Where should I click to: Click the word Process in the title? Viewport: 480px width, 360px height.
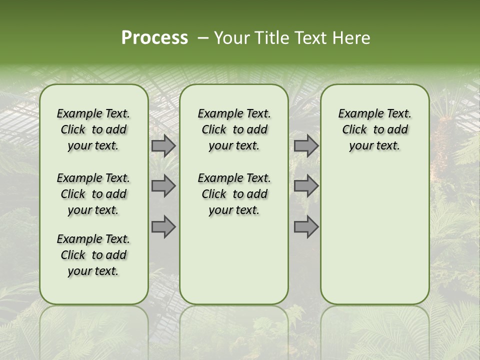[154, 37]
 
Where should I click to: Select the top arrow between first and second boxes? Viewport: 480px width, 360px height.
[163, 146]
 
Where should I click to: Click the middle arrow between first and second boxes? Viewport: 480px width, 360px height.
[163, 186]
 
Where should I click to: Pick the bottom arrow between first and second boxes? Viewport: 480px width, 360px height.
[163, 226]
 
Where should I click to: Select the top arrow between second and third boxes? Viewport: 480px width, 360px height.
[306, 146]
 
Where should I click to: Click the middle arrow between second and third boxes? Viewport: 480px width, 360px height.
[306, 186]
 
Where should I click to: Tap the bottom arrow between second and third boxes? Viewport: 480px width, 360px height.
[306, 226]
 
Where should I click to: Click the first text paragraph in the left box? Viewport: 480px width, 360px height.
[93, 129]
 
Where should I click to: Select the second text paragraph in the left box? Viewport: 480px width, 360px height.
[93, 194]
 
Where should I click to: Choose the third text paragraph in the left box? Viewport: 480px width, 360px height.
[93, 255]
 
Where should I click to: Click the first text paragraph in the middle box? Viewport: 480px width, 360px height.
[234, 129]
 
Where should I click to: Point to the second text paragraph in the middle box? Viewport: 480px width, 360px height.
[234, 194]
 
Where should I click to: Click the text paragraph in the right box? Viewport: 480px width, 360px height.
[374, 129]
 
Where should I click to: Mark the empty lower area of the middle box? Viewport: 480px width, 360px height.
[234, 260]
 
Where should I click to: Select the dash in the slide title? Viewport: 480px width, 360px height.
[203, 38]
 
